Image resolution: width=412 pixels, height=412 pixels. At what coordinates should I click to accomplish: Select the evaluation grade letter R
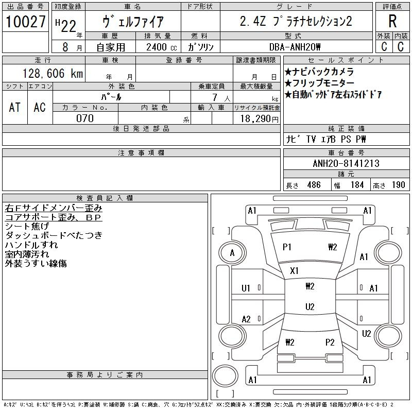tap(392, 22)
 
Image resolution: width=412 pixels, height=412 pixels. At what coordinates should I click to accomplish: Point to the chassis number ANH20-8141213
tap(346, 164)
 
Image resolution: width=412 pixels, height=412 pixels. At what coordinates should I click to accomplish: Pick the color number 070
tap(85, 118)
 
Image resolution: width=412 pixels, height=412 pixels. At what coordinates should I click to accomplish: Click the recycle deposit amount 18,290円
tap(257, 118)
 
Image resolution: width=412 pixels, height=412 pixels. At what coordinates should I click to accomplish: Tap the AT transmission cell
tap(15, 107)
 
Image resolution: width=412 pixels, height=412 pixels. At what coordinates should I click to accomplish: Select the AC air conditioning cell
tap(40, 107)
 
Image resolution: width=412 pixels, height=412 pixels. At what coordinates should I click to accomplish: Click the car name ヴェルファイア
tap(133, 22)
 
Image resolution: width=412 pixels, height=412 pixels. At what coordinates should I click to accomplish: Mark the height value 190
tap(398, 185)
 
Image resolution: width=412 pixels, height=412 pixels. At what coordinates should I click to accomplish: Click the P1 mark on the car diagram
tap(287, 247)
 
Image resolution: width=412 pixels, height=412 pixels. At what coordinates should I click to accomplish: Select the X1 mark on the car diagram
tap(295, 270)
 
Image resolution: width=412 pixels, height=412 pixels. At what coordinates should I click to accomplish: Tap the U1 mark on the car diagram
tap(246, 288)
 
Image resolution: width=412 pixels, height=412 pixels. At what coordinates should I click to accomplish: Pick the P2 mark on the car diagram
tap(330, 342)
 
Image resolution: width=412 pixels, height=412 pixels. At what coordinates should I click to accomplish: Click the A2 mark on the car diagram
tap(246, 319)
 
